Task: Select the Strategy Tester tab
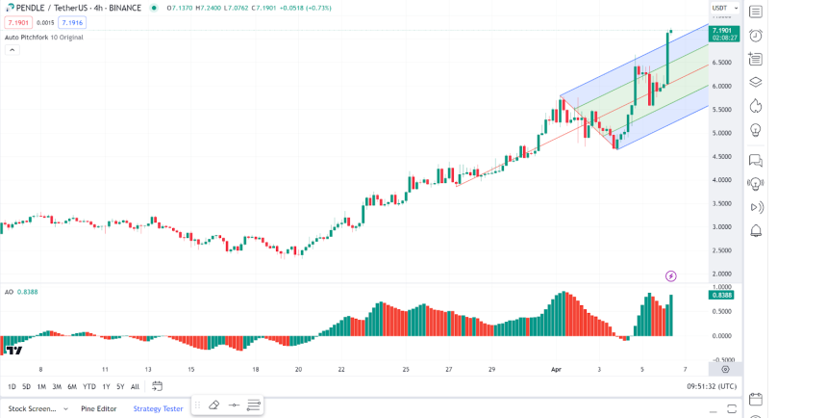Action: (x=158, y=408)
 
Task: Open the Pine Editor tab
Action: (x=99, y=408)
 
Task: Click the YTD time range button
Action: (x=88, y=386)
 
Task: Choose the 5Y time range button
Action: (x=120, y=386)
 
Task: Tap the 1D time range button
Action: (x=12, y=386)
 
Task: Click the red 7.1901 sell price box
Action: (x=18, y=22)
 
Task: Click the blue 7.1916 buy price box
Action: (x=72, y=22)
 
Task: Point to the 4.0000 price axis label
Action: (x=721, y=180)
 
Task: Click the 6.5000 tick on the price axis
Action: (x=721, y=63)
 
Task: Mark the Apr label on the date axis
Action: (x=556, y=369)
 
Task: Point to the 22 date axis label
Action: (x=341, y=369)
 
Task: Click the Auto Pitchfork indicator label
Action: (x=43, y=38)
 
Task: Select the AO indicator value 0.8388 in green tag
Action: (x=721, y=295)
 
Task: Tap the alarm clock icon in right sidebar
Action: (x=756, y=36)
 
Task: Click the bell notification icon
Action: (x=756, y=231)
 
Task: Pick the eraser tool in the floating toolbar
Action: (x=213, y=405)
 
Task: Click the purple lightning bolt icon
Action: (x=670, y=276)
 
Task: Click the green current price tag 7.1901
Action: (x=724, y=31)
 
